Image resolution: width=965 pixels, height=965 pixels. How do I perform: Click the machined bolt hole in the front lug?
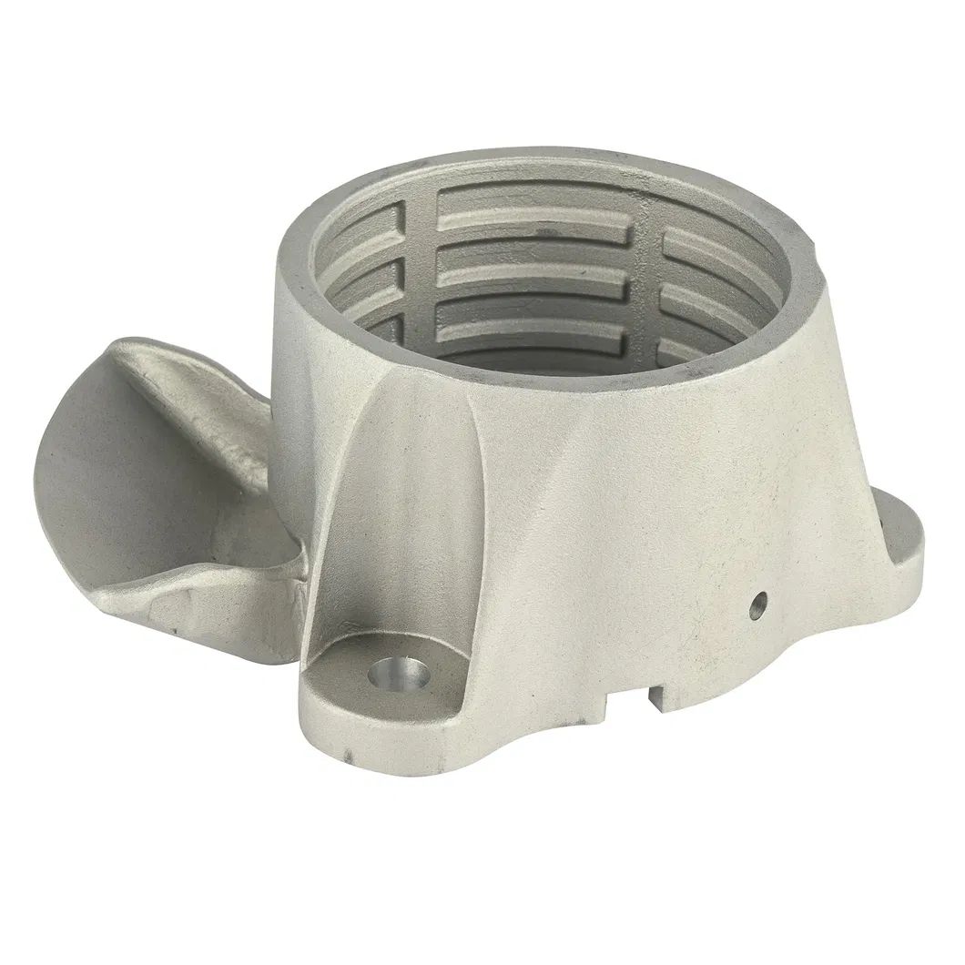coord(400,676)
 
